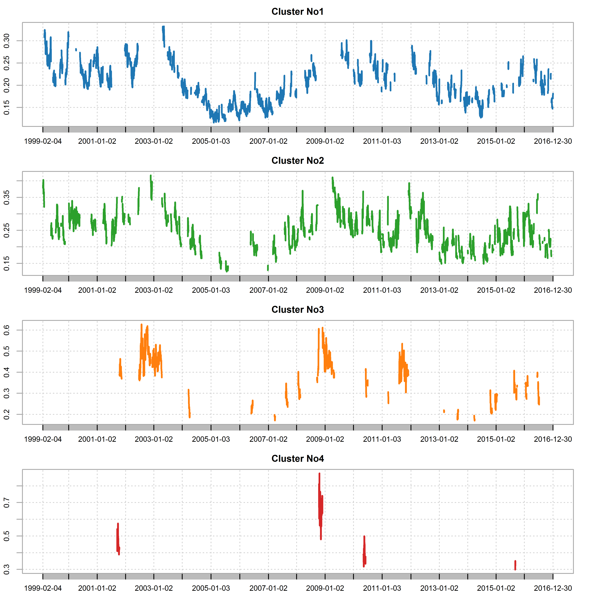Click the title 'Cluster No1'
tap(297, 12)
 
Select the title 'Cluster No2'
tap(297, 161)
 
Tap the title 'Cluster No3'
tap(297, 310)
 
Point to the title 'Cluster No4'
tap(297, 459)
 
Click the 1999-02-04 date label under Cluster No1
tap(43, 141)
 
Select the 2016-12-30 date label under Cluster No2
tap(553, 290)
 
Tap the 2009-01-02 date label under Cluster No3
tap(325, 439)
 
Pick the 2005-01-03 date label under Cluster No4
tap(211, 588)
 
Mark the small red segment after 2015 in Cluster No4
tap(515, 565)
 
